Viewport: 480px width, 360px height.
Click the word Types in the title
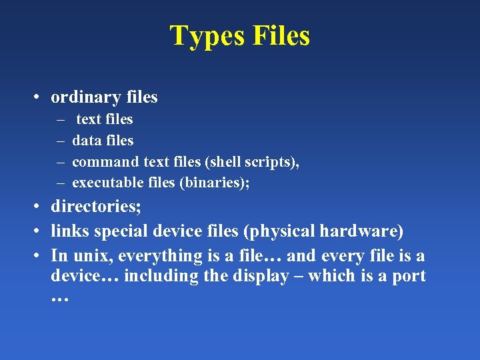point(207,36)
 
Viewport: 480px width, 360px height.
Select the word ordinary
point(83,97)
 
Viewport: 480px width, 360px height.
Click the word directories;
point(96,207)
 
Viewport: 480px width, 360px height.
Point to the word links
point(70,231)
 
